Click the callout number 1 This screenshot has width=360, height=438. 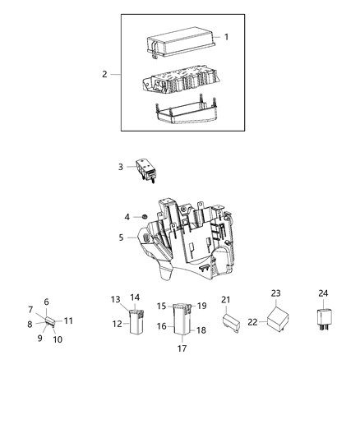click(226, 37)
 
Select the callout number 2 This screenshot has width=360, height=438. click(105, 75)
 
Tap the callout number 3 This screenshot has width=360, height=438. click(120, 167)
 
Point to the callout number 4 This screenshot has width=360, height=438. click(127, 217)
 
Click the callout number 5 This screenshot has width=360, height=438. click(120, 238)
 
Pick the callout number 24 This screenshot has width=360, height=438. click(323, 293)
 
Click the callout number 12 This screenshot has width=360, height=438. click(116, 324)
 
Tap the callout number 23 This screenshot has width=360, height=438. click(275, 293)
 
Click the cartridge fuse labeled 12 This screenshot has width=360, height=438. click(134, 324)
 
